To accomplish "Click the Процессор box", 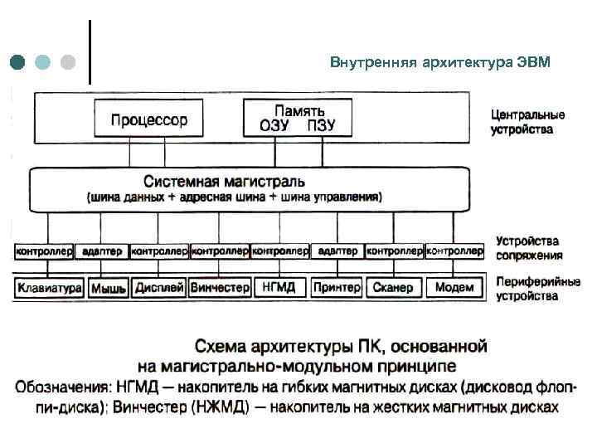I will point(149,119).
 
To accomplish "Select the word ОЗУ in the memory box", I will point(274,126).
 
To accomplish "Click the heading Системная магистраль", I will point(224,181).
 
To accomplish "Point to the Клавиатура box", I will point(48,288).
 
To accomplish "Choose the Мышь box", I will point(108,288).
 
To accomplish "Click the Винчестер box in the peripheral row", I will point(220,288).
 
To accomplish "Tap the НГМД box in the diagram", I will point(279,288).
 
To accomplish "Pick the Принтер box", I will point(337,288).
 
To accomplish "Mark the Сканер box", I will point(393,288).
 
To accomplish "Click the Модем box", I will point(454,288).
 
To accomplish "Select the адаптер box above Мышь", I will point(102,250).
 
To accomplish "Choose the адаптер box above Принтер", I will point(337,250).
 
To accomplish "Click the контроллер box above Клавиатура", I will point(44,250).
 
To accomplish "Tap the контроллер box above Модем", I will point(454,250).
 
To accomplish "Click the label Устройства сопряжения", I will point(529,248).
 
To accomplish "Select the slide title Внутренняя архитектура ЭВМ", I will point(439,63).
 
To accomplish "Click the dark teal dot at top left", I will point(19,62).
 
